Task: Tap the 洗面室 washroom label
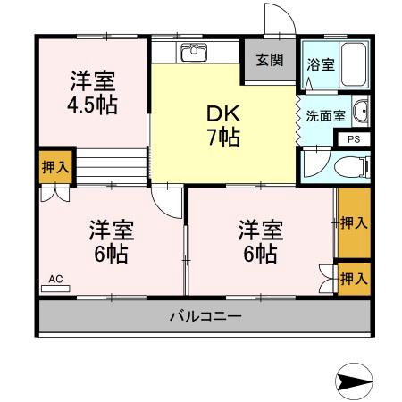click(x=324, y=114)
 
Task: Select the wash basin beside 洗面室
click(x=360, y=112)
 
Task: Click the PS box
click(x=352, y=138)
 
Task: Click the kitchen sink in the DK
click(x=194, y=52)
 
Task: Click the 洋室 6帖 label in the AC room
click(x=111, y=241)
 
